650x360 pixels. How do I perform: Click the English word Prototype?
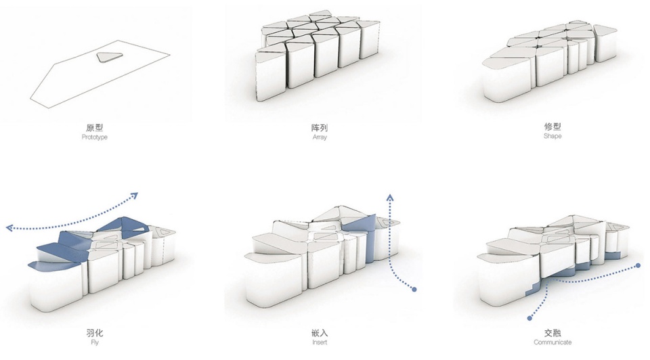click(x=95, y=137)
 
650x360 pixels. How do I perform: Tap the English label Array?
click(x=320, y=137)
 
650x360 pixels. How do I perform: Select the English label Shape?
click(x=552, y=136)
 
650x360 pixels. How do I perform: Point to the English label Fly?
click(x=95, y=342)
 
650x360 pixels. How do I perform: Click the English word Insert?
click(x=320, y=342)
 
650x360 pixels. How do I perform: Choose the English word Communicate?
click(x=552, y=342)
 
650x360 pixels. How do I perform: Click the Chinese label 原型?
click(x=95, y=128)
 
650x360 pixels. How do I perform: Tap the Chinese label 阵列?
click(x=320, y=128)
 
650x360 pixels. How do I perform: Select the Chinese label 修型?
click(x=552, y=127)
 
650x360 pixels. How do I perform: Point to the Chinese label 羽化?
click(x=95, y=333)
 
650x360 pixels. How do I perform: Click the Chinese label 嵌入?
click(x=320, y=333)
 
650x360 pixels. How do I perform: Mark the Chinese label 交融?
click(x=552, y=333)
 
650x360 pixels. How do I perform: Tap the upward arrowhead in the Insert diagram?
click(x=390, y=197)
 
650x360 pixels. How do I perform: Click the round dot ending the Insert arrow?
click(x=414, y=289)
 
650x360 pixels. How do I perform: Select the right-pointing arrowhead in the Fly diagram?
click(x=134, y=196)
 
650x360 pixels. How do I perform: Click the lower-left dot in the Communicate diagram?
click(x=529, y=318)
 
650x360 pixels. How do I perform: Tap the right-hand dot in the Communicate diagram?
click(x=638, y=265)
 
